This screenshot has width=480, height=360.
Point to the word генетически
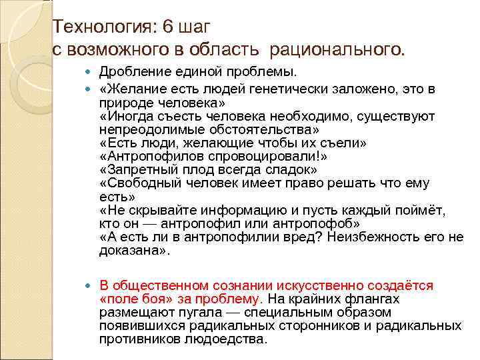tap(293, 91)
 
